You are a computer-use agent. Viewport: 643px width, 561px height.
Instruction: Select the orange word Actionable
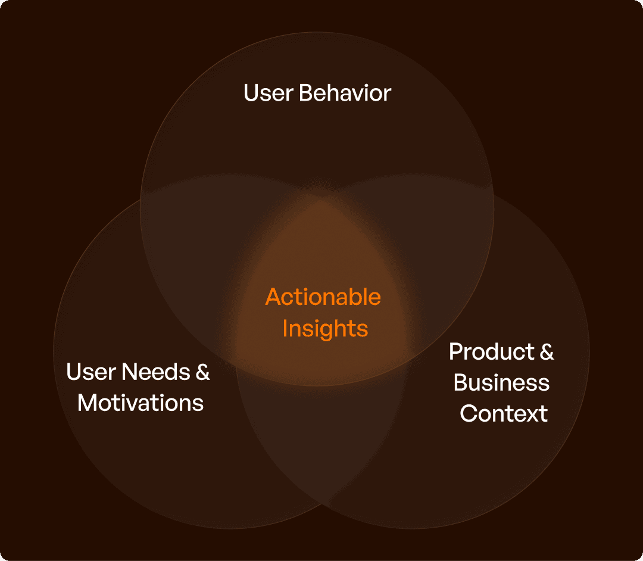click(x=323, y=297)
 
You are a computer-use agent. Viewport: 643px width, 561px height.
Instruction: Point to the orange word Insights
click(x=325, y=328)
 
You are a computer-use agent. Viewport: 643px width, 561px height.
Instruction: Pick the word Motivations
click(x=141, y=403)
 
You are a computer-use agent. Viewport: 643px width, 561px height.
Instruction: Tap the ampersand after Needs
click(x=202, y=373)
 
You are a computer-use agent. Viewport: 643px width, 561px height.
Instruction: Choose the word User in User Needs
click(x=90, y=372)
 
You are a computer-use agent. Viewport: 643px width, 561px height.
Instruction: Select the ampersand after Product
click(x=547, y=352)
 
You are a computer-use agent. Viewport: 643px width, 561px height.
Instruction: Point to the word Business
click(x=501, y=383)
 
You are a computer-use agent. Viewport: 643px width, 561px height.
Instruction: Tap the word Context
click(x=504, y=414)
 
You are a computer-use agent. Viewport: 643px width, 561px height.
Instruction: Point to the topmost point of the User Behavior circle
click(x=317, y=32)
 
